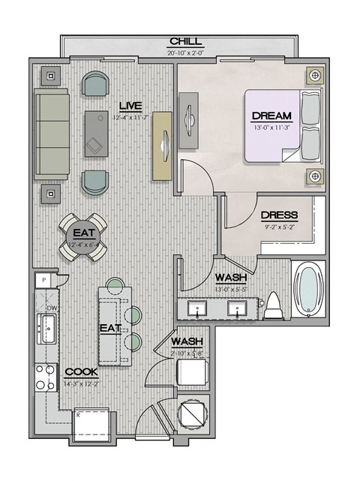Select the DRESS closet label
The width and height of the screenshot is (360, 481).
point(279,215)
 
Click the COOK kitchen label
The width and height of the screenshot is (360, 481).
point(79,371)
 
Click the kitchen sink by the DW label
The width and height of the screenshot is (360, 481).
point(47,329)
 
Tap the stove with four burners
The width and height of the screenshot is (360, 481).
point(45,377)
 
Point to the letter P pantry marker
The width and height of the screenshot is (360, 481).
point(44,279)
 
